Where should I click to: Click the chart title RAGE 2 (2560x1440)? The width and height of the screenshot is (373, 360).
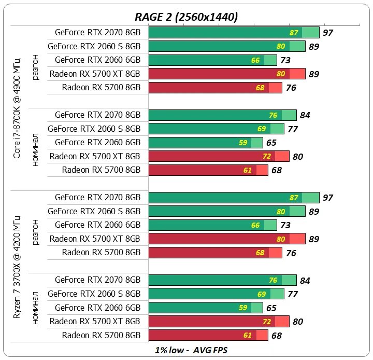[x=187, y=17]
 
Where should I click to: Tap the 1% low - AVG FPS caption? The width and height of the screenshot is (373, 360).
[x=191, y=350]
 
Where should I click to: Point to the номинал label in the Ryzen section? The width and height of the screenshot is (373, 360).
[x=35, y=308]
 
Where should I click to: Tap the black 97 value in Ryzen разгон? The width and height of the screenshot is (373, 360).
[x=327, y=198]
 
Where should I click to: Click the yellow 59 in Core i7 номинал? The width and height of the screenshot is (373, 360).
[x=243, y=143]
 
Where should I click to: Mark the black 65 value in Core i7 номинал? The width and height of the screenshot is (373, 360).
[x=271, y=143]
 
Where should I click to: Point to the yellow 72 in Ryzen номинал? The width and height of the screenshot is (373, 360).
[x=267, y=322]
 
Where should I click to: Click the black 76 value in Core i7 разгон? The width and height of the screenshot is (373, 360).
[x=291, y=88]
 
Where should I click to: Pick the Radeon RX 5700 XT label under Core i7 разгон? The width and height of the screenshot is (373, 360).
[x=95, y=74]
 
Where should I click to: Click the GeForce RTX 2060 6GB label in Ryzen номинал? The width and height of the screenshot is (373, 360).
[x=97, y=308]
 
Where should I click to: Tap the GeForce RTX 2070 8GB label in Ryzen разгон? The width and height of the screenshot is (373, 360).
[x=97, y=198]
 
